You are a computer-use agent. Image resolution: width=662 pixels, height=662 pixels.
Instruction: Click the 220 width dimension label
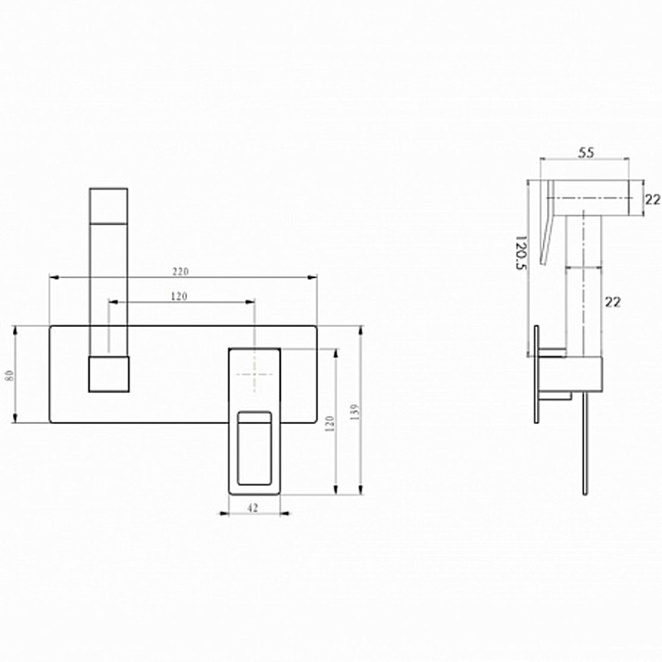[180, 271]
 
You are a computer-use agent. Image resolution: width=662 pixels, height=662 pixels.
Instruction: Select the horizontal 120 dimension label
[179, 296]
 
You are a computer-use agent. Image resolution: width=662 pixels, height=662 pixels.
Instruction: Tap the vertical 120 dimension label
[329, 424]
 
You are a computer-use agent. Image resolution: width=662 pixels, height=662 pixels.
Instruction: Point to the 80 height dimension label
[10, 375]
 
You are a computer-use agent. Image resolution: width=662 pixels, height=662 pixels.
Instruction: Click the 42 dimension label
[252, 508]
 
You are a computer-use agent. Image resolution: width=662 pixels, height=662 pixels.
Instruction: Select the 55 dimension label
[586, 152]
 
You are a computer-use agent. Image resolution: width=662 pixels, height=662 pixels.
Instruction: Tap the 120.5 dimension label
[521, 252]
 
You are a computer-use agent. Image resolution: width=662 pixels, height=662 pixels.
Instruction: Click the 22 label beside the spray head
[653, 199]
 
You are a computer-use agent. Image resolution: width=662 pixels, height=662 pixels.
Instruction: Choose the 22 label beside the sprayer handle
[613, 302]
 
